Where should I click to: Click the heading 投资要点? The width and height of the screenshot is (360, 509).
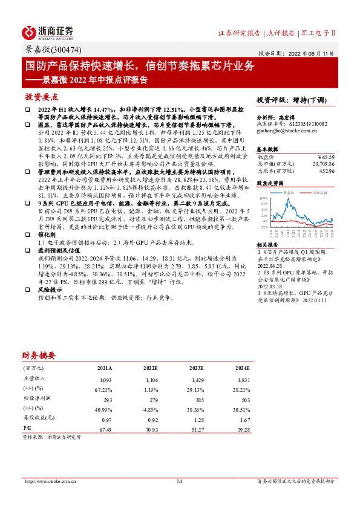click(41, 97)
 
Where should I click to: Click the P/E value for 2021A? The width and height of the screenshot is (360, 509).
click(105, 428)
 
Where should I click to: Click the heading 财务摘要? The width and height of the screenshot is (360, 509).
click(39, 355)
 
